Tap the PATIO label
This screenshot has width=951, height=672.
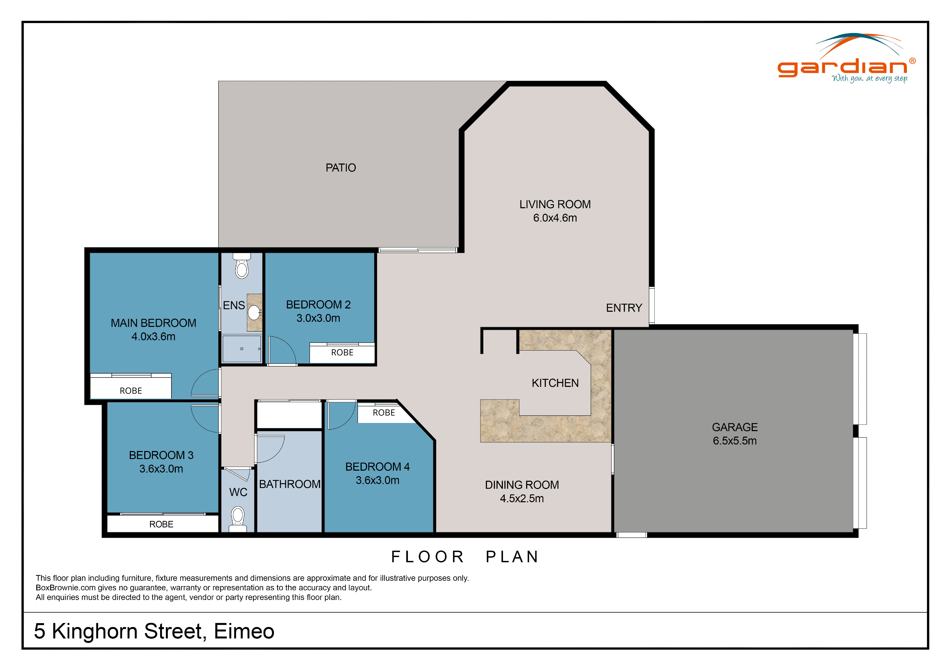point(340,168)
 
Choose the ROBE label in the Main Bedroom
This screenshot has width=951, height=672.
point(131,391)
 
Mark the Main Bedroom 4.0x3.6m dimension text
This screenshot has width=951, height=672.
point(153,337)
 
